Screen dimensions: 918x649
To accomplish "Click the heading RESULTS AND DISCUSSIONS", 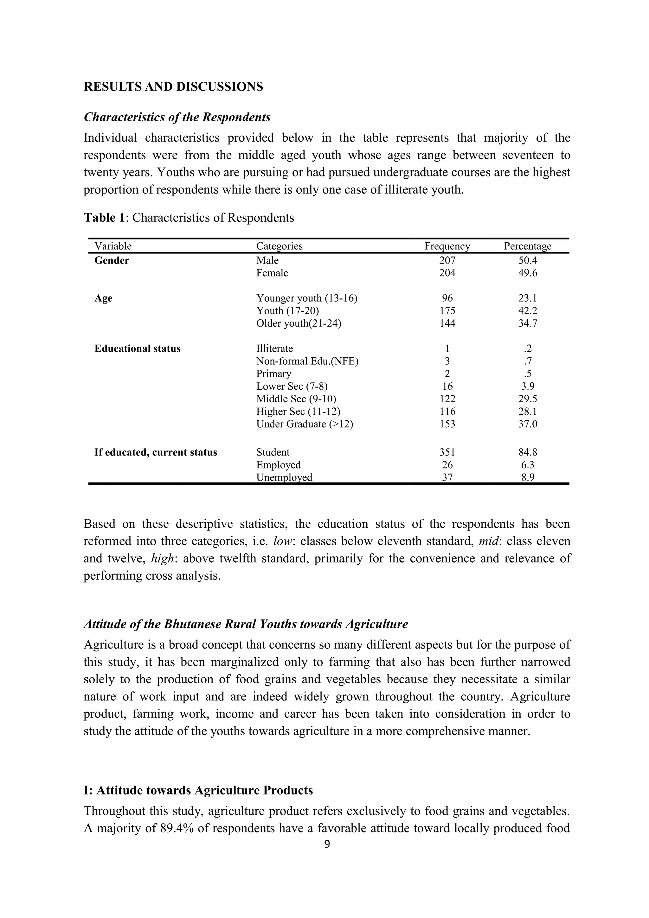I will pos(173,87).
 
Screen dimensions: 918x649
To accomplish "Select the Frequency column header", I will pos(447,246).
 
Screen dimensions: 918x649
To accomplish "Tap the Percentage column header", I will pos(527,246).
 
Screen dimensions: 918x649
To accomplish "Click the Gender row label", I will pos(112,260).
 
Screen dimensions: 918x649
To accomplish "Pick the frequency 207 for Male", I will pos(447,260).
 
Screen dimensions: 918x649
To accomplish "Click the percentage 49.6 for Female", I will pos(527,273).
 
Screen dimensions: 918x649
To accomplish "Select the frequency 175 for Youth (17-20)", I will pos(447,311).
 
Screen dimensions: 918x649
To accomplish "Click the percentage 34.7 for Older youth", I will pos(527,323).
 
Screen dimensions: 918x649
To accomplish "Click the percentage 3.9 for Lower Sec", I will pos(527,386).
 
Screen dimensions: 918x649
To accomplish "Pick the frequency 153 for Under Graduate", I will pos(447,424).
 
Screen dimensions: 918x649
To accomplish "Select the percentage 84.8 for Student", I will pos(527,452).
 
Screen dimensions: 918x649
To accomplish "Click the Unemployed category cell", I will pos(284,477).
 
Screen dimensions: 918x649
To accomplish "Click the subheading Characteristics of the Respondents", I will pos(177,117).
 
